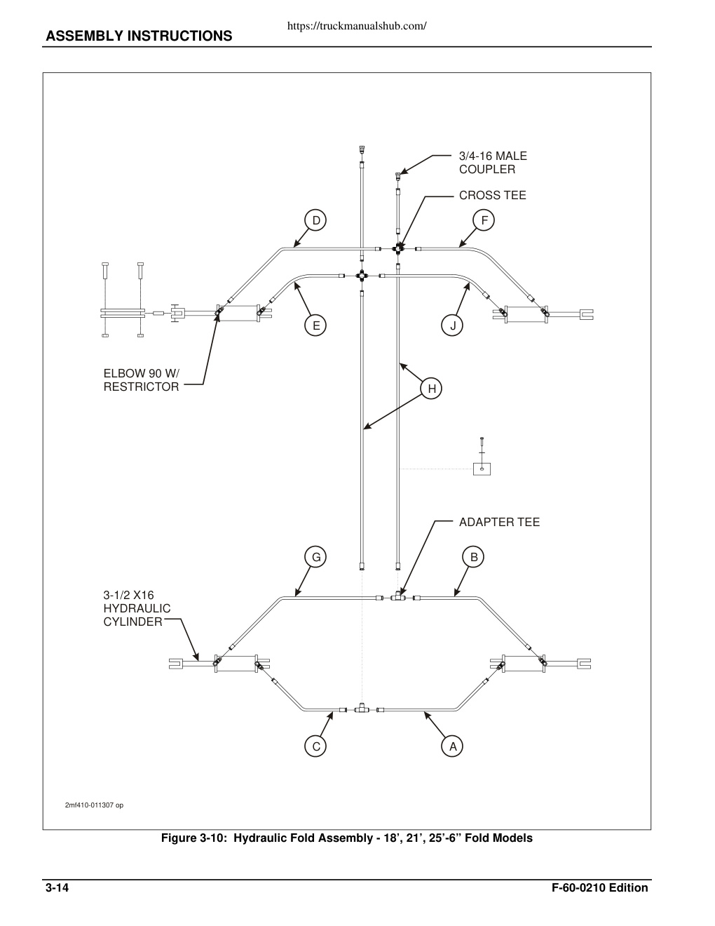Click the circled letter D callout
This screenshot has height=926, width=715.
pos(315,220)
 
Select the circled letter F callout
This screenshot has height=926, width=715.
pos(484,220)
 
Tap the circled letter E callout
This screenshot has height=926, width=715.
pos(315,326)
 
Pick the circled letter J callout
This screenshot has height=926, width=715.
pos(452,326)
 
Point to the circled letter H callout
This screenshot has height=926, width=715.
pos(431,389)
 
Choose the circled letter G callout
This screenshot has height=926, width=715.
pos(315,557)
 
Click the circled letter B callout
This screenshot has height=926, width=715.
pos(474,557)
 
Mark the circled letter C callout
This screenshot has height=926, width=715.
pos(315,746)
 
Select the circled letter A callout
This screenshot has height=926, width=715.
pos(452,746)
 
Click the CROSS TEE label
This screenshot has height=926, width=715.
pos(492,196)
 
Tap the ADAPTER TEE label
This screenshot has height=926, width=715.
pos(499,522)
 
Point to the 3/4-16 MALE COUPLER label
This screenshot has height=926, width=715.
pos(493,163)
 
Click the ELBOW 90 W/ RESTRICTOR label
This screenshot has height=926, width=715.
pos(142,380)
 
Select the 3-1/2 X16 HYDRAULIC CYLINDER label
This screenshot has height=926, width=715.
pos(137,608)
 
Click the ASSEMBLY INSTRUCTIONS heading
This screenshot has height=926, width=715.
pos(139,36)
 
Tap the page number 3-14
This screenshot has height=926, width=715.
pos(57,887)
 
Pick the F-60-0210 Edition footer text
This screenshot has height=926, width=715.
pos(599,887)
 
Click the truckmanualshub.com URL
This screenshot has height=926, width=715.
pos(357,26)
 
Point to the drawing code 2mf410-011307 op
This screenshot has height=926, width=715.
pos(94,805)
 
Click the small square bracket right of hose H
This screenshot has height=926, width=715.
pos(482,469)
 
